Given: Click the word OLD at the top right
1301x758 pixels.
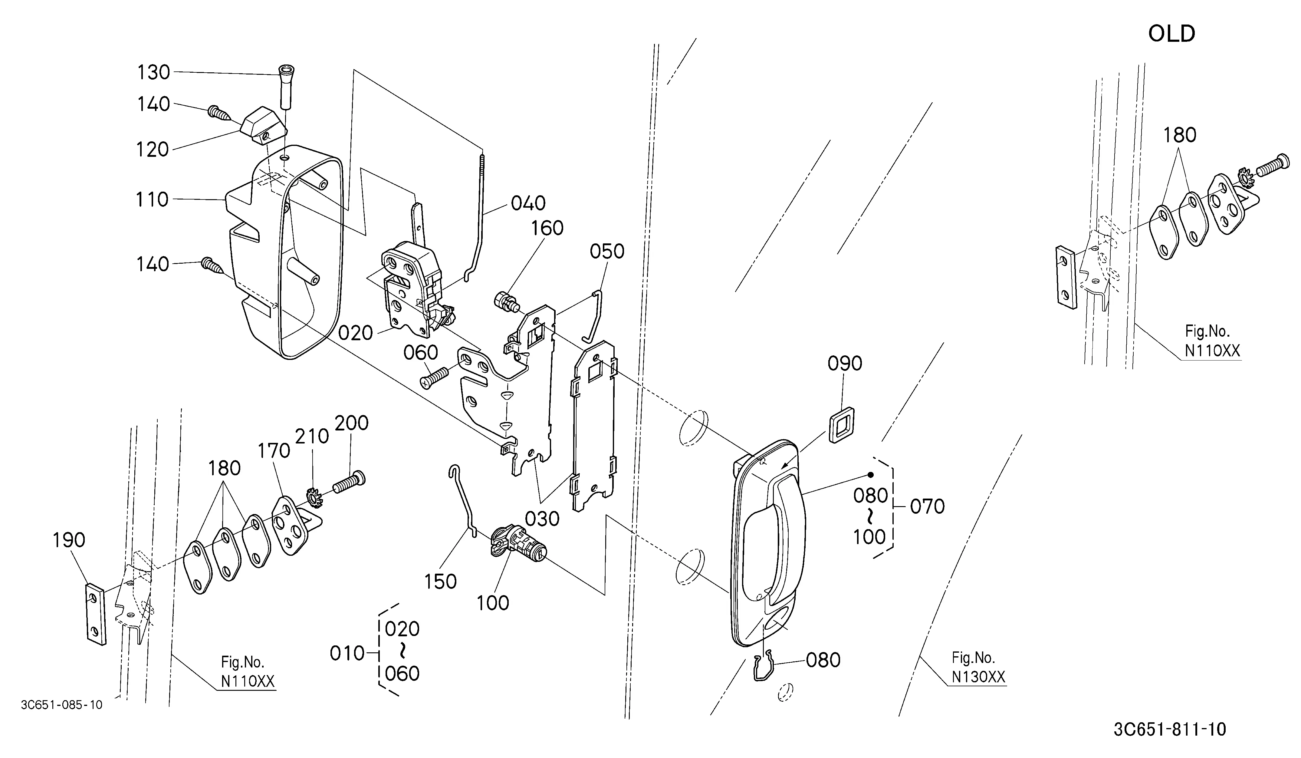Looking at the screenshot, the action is click(x=1171, y=34).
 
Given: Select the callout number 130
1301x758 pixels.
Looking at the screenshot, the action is click(x=153, y=72).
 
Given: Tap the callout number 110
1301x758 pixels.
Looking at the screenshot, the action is click(x=152, y=199).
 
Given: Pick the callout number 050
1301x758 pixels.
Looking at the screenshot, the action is click(x=607, y=252).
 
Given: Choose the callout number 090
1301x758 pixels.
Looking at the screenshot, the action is click(x=845, y=364).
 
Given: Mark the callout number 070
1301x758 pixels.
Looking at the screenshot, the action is click(x=927, y=506).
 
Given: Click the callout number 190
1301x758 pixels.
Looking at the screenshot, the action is click(x=69, y=540).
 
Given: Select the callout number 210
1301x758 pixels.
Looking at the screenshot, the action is click(x=312, y=436).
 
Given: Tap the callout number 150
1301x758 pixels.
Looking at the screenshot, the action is click(x=440, y=582).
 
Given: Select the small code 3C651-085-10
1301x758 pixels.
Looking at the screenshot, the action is click(x=61, y=705).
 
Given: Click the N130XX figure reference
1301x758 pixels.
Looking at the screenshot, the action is click(x=978, y=677).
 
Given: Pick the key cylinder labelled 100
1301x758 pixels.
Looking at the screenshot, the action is click(x=517, y=547).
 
